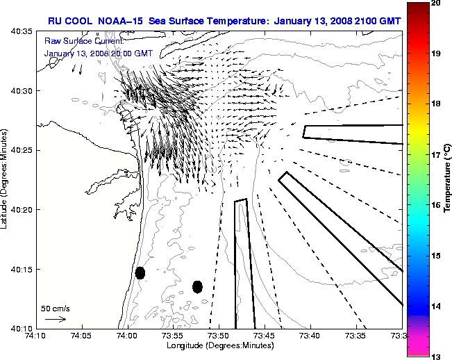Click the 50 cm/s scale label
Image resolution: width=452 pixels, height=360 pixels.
click(55, 307)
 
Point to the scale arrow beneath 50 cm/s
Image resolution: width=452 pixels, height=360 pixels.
click(55, 319)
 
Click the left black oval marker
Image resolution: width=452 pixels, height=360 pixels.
click(140, 272)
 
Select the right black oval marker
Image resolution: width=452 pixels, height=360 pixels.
click(197, 286)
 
